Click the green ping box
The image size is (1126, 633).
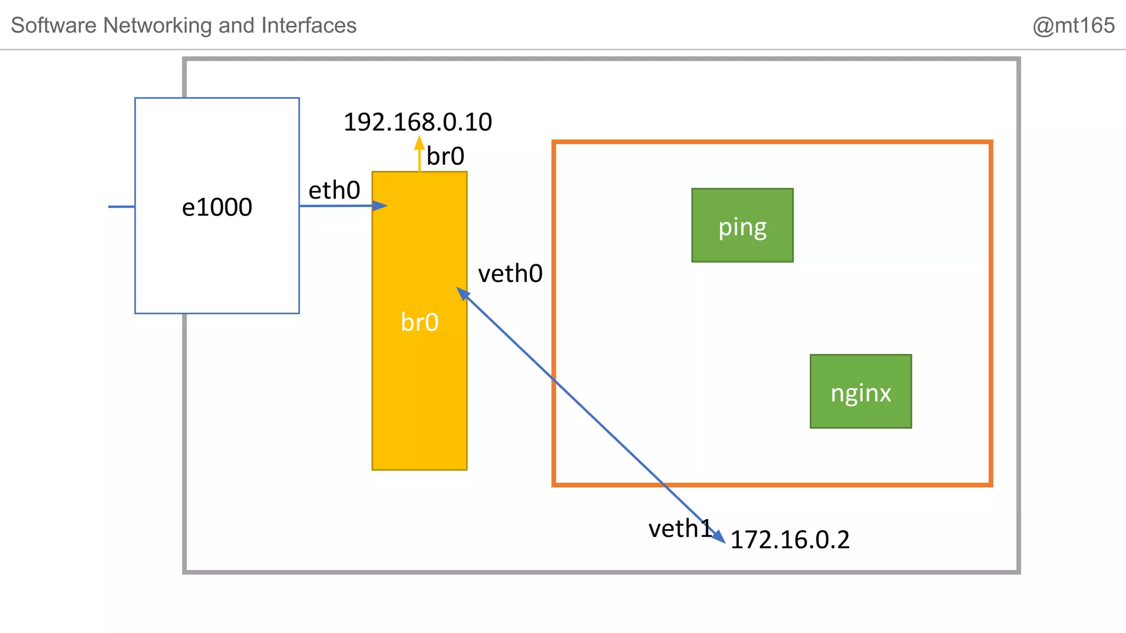coord(742,225)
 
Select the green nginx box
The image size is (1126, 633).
coord(860,391)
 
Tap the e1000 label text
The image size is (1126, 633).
coord(217,207)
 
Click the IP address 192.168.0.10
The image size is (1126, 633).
coord(418,122)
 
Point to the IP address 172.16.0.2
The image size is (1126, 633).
coord(790,540)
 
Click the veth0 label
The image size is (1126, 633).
coord(510,274)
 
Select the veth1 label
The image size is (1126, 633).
coord(680,529)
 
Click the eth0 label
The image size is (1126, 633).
coord(334,191)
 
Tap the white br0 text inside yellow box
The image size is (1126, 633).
coord(420,322)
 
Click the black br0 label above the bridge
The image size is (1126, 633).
coord(445,157)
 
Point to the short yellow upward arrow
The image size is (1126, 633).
coord(420,154)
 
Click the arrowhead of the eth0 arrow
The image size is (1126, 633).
coord(380,206)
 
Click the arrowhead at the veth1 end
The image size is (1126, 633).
coord(720,537)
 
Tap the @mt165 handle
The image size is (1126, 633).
coord(1073,25)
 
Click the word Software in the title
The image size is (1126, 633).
coord(54,25)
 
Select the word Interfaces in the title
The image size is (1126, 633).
coord(309,25)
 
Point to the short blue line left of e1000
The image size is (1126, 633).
coord(122,207)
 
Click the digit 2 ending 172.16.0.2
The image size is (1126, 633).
coord(843,540)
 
